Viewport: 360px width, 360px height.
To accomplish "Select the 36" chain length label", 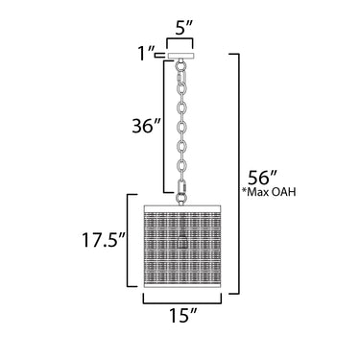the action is pyautogui.click(x=146, y=126).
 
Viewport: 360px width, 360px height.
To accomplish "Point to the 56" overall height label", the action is pyautogui.click(x=262, y=177).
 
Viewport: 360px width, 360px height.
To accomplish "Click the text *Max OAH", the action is pyautogui.click(x=269, y=192).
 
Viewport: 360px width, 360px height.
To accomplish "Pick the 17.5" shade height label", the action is pyautogui.click(x=102, y=240).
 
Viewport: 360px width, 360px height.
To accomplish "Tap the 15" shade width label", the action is pyautogui.click(x=181, y=315).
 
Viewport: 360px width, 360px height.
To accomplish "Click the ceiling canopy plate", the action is pyautogui.click(x=181, y=56).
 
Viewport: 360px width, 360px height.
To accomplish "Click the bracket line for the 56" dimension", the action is pyautogui.click(x=238, y=174).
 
